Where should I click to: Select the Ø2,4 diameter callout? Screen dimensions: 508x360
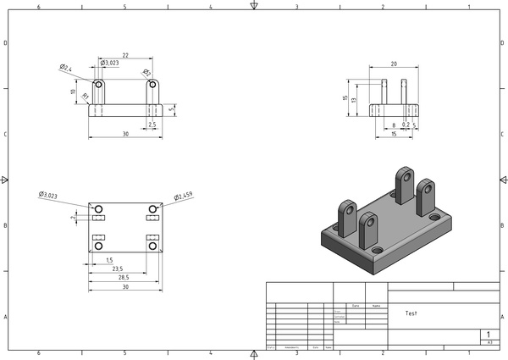tap(65, 68)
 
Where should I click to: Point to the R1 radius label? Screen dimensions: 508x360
tap(85, 97)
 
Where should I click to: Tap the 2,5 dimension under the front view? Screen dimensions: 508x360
tap(152, 125)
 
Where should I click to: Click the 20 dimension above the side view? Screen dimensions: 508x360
tap(394, 64)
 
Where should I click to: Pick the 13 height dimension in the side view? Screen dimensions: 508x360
tap(356, 100)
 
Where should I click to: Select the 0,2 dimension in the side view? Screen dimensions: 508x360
tap(406, 125)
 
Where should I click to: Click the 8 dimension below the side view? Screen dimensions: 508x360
tap(394, 125)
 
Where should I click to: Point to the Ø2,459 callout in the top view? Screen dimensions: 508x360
tap(184, 197)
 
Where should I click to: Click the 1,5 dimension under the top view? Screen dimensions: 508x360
tap(109, 261)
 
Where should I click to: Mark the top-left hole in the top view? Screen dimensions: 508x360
tap(98, 208)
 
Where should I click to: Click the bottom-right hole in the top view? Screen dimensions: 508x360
tap(152, 246)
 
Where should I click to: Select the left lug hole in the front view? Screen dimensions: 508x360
tap(99, 85)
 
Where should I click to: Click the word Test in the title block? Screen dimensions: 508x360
tap(411, 313)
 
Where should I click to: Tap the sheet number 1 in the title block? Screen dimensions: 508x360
tap(489, 335)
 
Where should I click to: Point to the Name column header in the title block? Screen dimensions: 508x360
tap(376, 306)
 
